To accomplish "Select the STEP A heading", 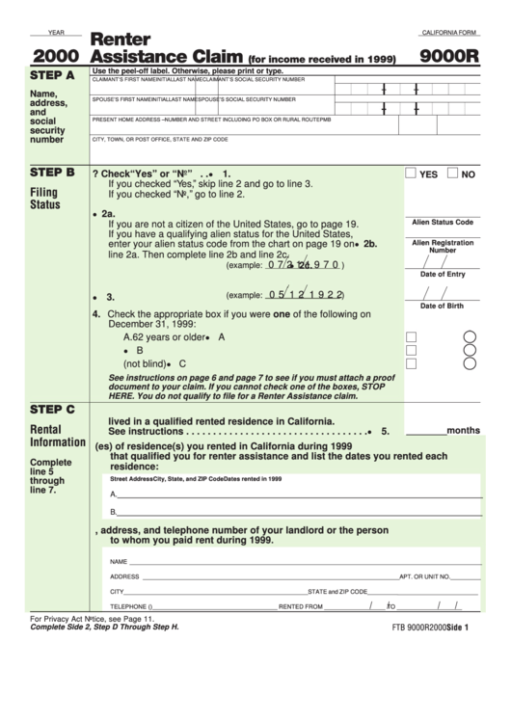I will tap(52, 75).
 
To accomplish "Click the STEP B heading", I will tap(52, 173).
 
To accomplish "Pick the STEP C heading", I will tap(52, 409).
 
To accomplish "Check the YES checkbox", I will tap(411, 174).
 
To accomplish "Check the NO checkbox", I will tap(453, 174).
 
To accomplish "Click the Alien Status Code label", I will tap(443, 222).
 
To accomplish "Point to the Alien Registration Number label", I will tap(443, 246).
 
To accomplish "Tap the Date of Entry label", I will tap(443, 274).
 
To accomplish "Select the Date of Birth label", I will tap(443, 306).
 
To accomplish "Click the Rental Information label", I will tap(58, 436).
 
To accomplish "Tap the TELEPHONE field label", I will tap(131, 606).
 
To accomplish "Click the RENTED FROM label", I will tap(300, 606).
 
